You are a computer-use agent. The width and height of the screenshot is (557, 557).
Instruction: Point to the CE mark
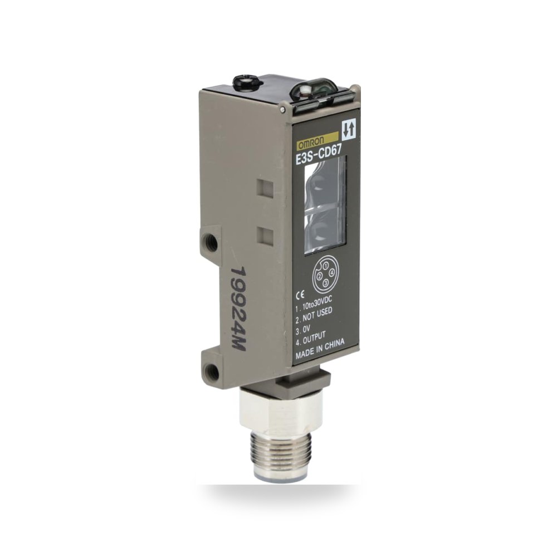(x=300, y=294)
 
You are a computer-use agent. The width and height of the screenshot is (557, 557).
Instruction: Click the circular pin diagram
(x=324, y=277)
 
